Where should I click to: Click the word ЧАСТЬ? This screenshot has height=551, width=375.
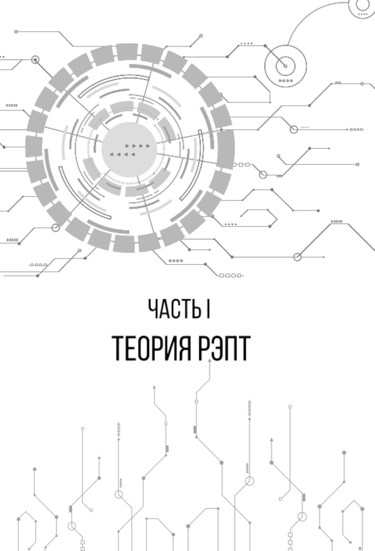[x=174, y=309]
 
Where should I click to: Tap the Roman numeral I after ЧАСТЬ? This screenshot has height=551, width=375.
[x=208, y=309]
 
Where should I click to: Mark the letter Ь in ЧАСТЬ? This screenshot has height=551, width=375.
[x=196, y=309]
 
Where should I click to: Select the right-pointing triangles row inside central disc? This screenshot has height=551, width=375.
[x=138, y=145]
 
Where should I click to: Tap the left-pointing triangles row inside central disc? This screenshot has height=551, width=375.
[x=122, y=154]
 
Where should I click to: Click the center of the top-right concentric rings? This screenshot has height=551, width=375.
[x=285, y=66]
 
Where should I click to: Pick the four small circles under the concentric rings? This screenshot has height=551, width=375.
[x=285, y=81]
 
